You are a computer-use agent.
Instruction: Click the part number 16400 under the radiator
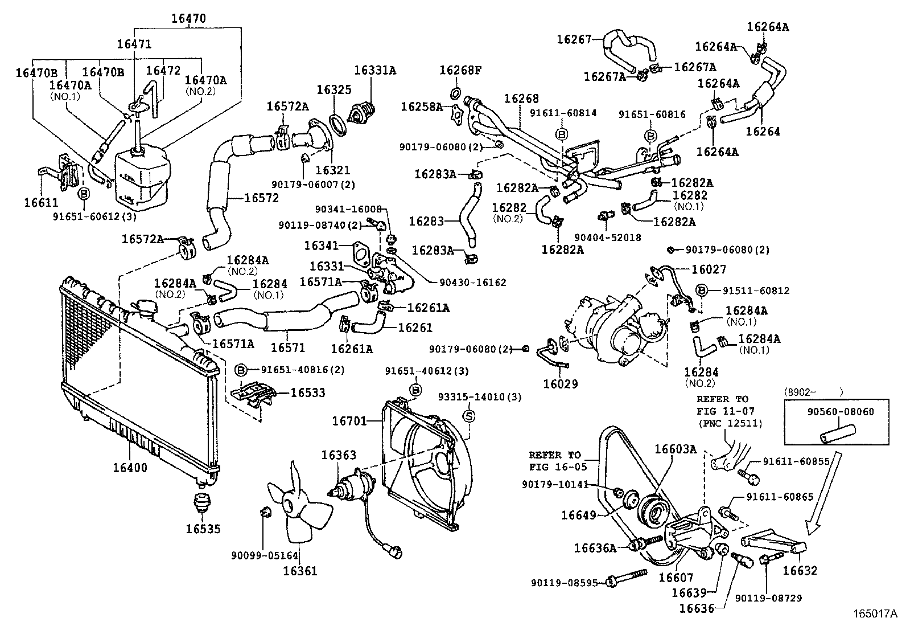[129, 468]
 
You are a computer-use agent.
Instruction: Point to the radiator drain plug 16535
[202, 504]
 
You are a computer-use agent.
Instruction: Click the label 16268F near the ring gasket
[460, 71]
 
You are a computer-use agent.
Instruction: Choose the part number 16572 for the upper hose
[261, 198]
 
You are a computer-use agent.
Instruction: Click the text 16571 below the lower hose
[288, 347]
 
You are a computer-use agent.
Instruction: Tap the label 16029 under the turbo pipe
[560, 383]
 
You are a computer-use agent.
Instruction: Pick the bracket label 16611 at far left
[41, 202]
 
